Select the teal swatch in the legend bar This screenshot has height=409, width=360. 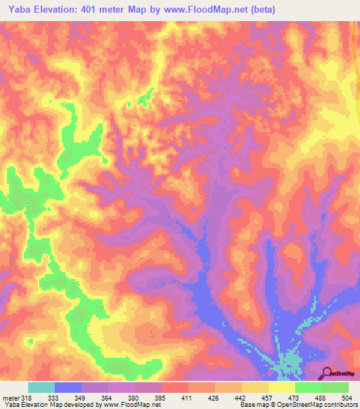coord(41,387)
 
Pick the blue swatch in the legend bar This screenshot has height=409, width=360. coord(67,387)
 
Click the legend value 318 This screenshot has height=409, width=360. coord(27,397)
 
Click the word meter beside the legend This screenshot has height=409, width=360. coord(10,397)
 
